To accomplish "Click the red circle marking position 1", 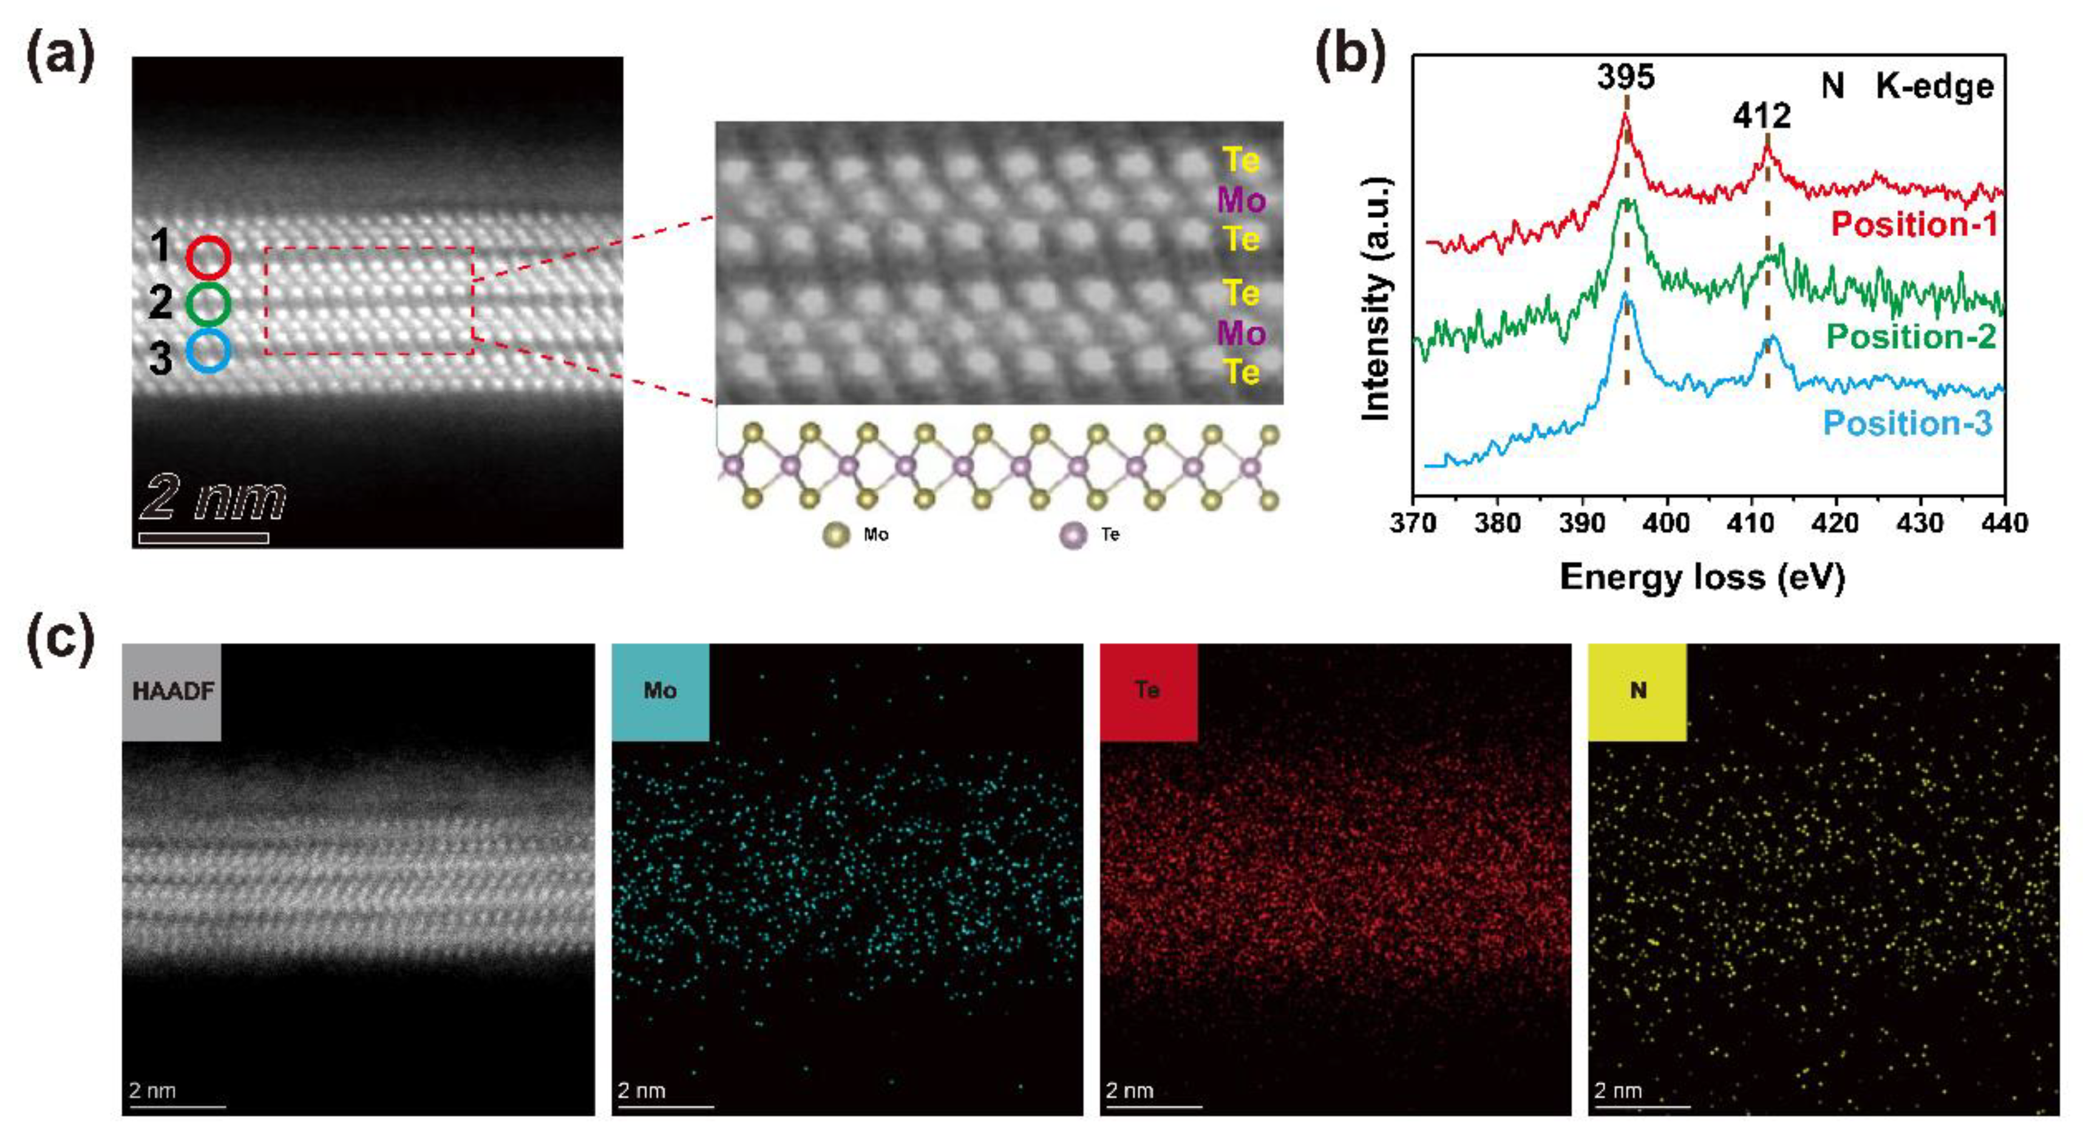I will click(209, 258).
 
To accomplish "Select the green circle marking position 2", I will click(209, 304).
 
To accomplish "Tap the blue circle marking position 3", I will click(209, 351).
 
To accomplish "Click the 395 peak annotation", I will click(1625, 78).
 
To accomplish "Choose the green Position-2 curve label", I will click(1911, 336).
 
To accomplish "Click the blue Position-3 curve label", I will click(1908, 424).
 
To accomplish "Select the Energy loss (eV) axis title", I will click(1702, 578).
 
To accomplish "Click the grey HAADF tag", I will click(171, 692).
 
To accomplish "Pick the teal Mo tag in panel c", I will click(660, 692).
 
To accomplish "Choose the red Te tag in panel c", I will click(1148, 692).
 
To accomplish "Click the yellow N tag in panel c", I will click(1637, 692).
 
